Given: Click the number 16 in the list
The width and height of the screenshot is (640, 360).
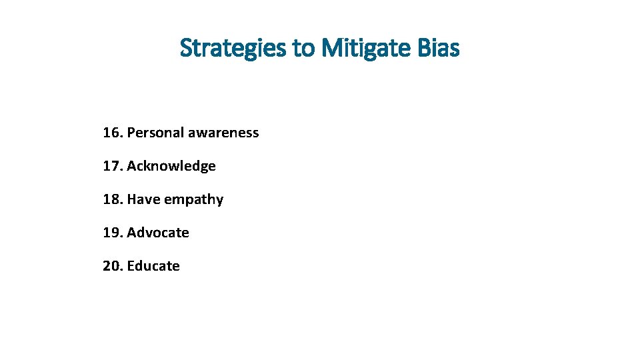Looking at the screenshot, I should point(111,133).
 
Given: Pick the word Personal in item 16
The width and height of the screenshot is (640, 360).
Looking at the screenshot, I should point(155,133).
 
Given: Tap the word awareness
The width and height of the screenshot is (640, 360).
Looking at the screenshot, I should point(223,133).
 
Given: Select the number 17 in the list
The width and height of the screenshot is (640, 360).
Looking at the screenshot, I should point(111,166).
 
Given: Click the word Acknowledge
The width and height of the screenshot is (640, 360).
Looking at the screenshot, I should point(171,166).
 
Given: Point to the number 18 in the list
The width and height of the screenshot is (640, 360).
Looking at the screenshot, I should point(111,199).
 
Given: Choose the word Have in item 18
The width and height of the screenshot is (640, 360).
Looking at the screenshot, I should point(142,199).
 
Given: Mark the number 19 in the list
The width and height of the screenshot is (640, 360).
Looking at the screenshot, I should point(111,233).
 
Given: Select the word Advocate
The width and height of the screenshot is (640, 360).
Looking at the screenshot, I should point(158,233).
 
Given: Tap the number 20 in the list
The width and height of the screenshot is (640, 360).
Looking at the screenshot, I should point(111,266).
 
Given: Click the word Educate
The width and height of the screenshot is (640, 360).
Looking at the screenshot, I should point(153,266).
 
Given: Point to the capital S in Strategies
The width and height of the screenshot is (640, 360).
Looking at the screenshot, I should point(187,49).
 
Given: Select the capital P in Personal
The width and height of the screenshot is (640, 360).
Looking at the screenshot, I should point(131,133).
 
